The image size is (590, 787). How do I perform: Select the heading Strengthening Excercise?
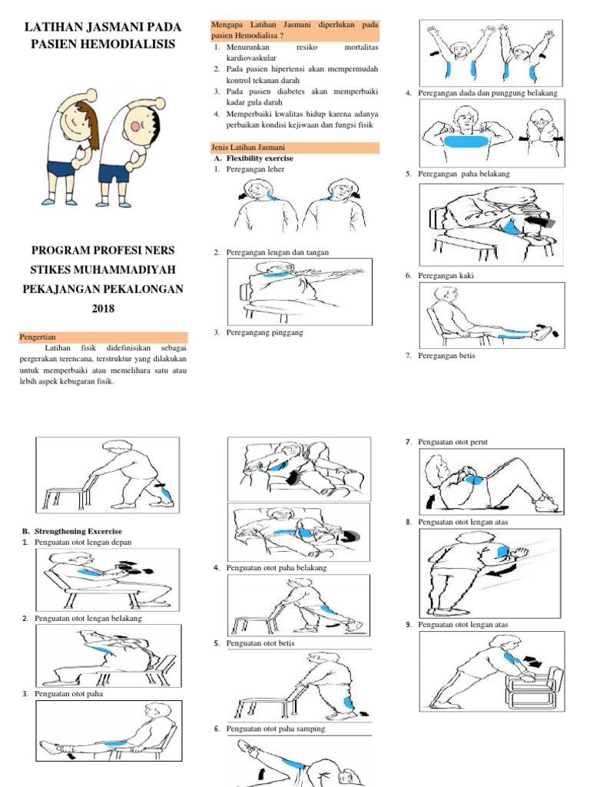[78, 531]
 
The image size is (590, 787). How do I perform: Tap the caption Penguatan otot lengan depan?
[83, 542]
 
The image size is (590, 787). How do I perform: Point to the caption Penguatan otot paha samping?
[276, 729]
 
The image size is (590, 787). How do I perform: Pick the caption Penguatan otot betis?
[260, 643]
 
